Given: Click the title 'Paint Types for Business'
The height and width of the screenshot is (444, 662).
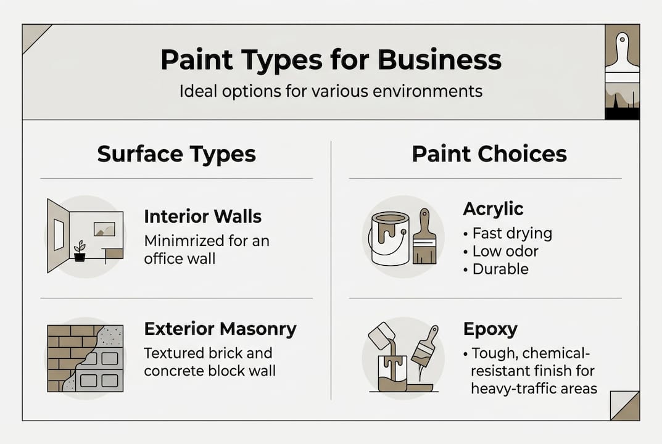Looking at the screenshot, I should [331, 60].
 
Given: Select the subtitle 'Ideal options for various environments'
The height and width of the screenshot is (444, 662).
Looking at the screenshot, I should [331, 92].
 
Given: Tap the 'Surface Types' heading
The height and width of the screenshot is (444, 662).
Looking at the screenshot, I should [176, 154].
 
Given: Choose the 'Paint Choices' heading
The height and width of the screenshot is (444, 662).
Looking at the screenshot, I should [489, 154].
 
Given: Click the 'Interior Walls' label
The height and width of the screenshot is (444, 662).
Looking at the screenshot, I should [202, 216].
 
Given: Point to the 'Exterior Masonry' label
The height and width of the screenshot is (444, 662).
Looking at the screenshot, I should [220, 329].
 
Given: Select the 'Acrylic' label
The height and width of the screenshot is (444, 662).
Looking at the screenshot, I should [493, 209].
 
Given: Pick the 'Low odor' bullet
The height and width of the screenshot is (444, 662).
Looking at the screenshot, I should [505, 252].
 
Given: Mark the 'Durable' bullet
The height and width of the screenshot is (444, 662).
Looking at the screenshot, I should [500, 269].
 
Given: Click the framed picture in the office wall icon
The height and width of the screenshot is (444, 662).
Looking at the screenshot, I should [104, 229].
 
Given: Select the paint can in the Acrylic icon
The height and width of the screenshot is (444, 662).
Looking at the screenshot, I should [390, 238].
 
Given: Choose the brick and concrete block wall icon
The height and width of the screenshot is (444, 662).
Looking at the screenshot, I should [85, 358].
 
